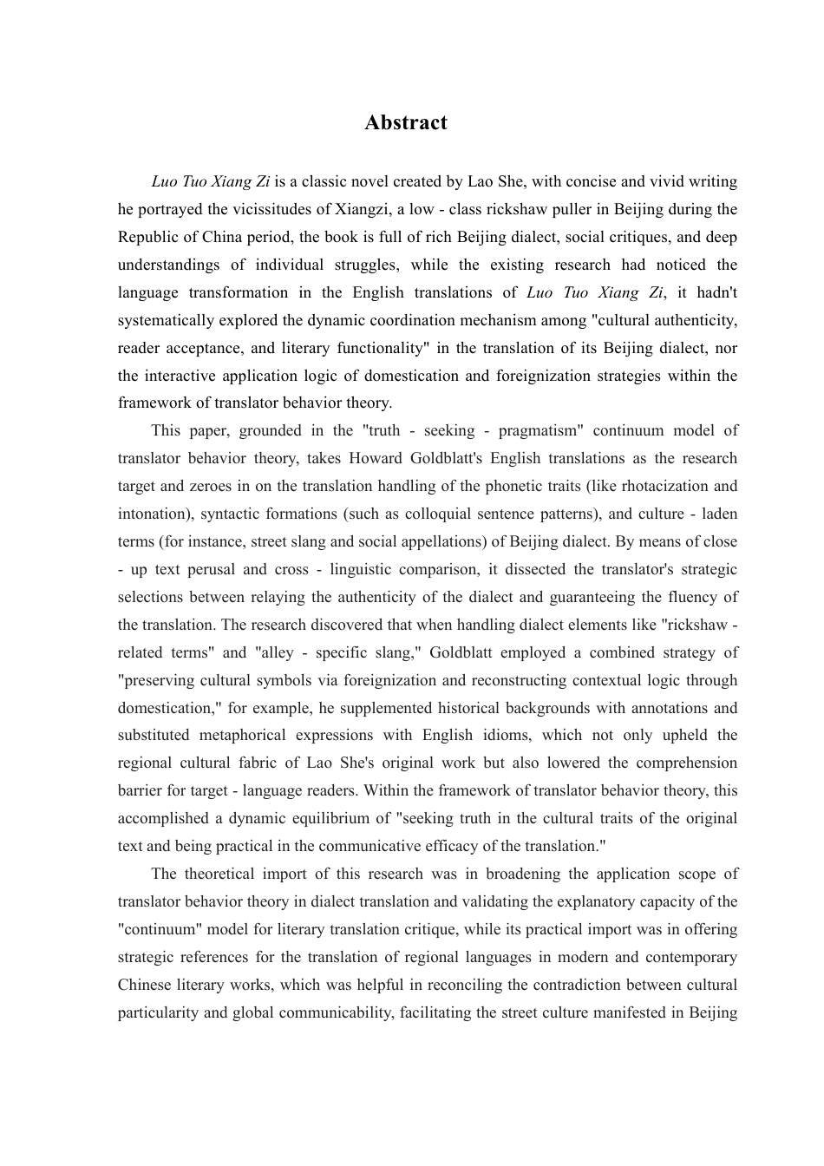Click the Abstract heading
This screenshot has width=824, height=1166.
click(406, 122)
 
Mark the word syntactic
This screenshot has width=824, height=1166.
click(231, 514)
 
